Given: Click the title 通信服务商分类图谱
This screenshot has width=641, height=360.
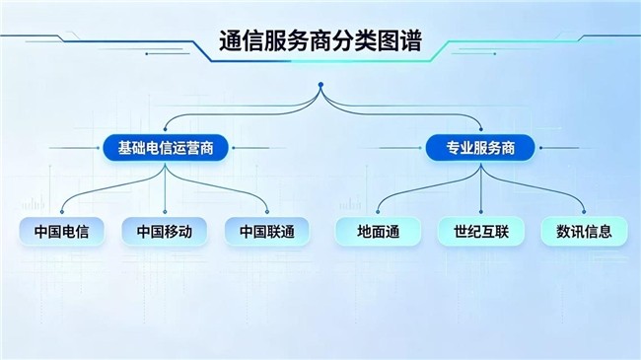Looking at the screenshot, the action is click(x=320, y=41).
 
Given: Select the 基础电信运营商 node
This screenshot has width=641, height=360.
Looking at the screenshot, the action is click(x=165, y=148).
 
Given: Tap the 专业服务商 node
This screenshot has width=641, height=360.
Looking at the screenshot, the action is click(x=480, y=148).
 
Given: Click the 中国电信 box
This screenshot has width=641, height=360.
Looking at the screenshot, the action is click(x=61, y=232).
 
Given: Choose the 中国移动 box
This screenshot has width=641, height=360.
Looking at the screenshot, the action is click(x=165, y=232).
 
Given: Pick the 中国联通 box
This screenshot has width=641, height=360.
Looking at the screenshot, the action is click(x=267, y=232).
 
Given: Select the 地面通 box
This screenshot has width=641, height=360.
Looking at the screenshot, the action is click(x=378, y=232).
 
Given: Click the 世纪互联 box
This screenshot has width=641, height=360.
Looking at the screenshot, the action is click(x=481, y=232).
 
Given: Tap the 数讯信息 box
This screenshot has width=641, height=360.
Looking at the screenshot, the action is click(x=584, y=232).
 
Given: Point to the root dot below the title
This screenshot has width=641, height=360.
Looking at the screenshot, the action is click(x=320, y=85).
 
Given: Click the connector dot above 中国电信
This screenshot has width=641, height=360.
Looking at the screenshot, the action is click(x=62, y=212).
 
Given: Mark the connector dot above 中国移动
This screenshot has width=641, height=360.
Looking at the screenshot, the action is click(x=165, y=212).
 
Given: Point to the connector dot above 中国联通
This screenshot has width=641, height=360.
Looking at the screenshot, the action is click(x=267, y=212).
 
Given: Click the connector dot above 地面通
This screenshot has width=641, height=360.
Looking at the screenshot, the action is click(x=378, y=212).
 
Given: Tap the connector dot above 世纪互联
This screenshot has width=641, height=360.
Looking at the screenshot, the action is click(x=481, y=212).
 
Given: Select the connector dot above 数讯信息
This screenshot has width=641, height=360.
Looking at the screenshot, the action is click(x=584, y=212).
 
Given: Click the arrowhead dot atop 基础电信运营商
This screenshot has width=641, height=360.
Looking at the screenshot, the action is click(x=165, y=129).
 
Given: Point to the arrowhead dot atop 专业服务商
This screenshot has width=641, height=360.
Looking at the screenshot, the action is click(x=481, y=129).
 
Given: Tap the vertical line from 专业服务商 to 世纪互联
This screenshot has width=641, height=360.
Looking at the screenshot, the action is click(x=481, y=187).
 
